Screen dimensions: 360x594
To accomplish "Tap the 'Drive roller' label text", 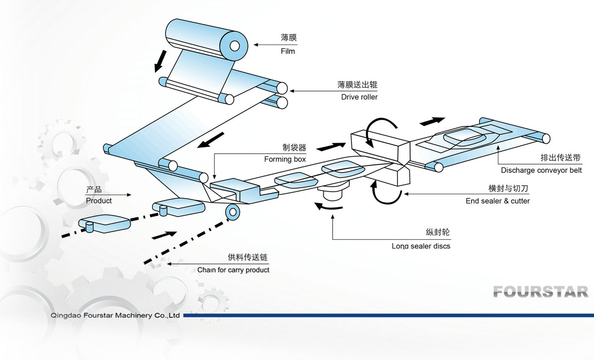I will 359,97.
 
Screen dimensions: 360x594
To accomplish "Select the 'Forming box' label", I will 285,159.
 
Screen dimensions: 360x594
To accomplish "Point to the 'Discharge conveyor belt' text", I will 541,170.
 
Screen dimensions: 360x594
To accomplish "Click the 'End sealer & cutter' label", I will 497,201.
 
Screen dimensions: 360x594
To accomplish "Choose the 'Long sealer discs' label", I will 421,246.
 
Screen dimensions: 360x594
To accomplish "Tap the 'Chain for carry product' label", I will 233,270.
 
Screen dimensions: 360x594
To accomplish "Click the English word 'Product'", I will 99,201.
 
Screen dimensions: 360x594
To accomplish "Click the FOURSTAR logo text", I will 541,292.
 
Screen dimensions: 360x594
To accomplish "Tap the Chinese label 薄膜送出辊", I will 358,85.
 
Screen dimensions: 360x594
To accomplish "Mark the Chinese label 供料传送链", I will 243,258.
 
